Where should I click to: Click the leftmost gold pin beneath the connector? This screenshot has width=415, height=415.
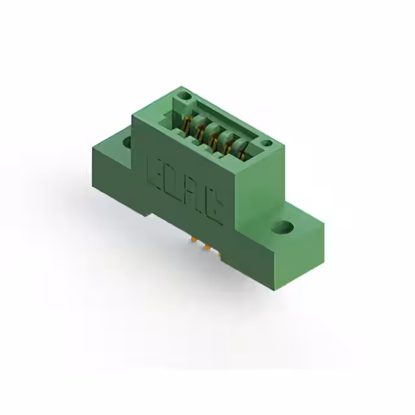tap(194, 241)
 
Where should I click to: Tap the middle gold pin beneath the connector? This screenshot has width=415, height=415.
tap(207, 248)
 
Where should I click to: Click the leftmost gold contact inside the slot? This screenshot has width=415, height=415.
tap(185, 125)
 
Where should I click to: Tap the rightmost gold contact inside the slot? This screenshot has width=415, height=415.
tap(241, 154)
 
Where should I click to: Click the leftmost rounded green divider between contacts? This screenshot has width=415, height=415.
tap(193, 124)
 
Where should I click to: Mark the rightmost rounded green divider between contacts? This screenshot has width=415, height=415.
tap(235, 146)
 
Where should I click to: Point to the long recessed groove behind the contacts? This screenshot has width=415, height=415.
tap(227, 117)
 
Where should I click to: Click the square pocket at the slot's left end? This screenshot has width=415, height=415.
tap(171, 117)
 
